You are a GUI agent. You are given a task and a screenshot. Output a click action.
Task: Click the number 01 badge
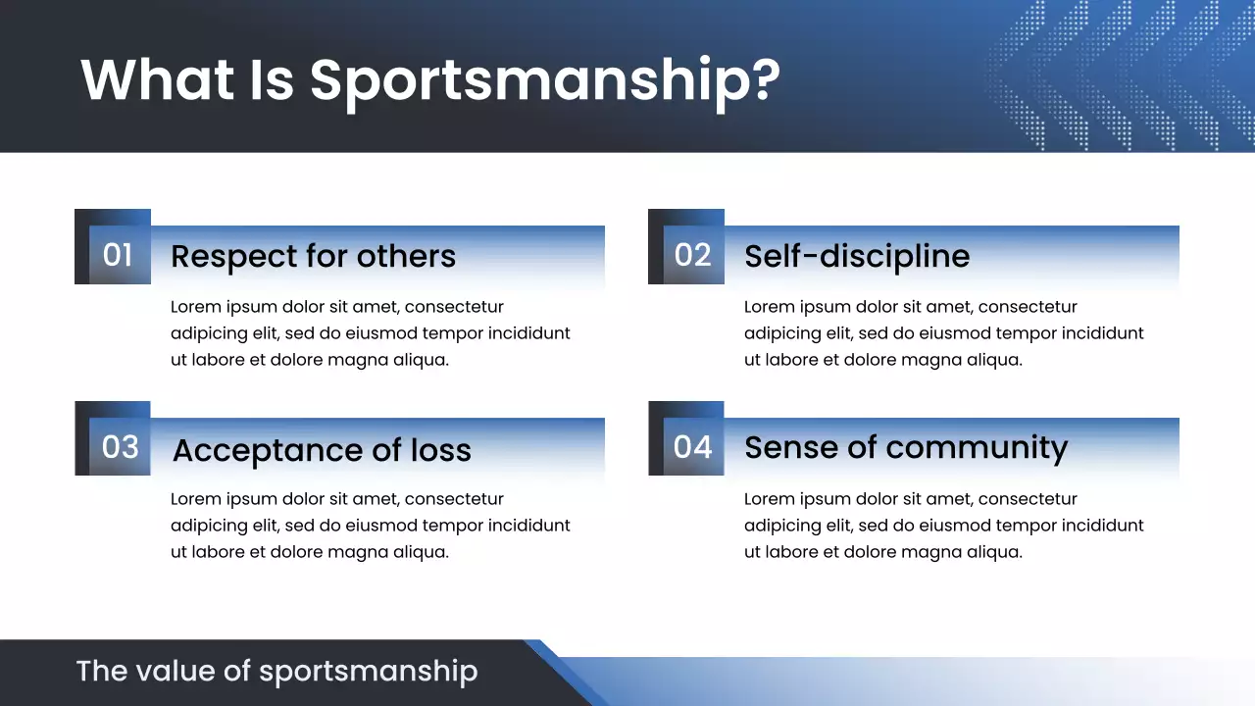(118, 255)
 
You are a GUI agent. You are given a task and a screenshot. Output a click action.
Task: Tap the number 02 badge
(692, 255)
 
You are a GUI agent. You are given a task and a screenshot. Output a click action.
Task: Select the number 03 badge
(120, 447)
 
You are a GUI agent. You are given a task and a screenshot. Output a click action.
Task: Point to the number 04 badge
(692, 447)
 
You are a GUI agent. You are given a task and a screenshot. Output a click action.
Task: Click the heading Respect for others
(313, 257)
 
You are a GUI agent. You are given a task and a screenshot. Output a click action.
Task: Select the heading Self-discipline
(857, 257)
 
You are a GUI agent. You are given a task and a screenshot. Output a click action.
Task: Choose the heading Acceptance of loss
(322, 450)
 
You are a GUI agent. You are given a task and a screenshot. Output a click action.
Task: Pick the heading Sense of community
(905, 448)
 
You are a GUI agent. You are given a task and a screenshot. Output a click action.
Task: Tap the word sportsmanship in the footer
(368, 673)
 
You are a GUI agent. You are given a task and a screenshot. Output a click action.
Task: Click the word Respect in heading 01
(232, 257)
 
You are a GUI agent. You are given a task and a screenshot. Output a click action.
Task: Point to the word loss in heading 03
(441, 450)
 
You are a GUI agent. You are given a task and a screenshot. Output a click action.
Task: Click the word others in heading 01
(406, 257)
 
